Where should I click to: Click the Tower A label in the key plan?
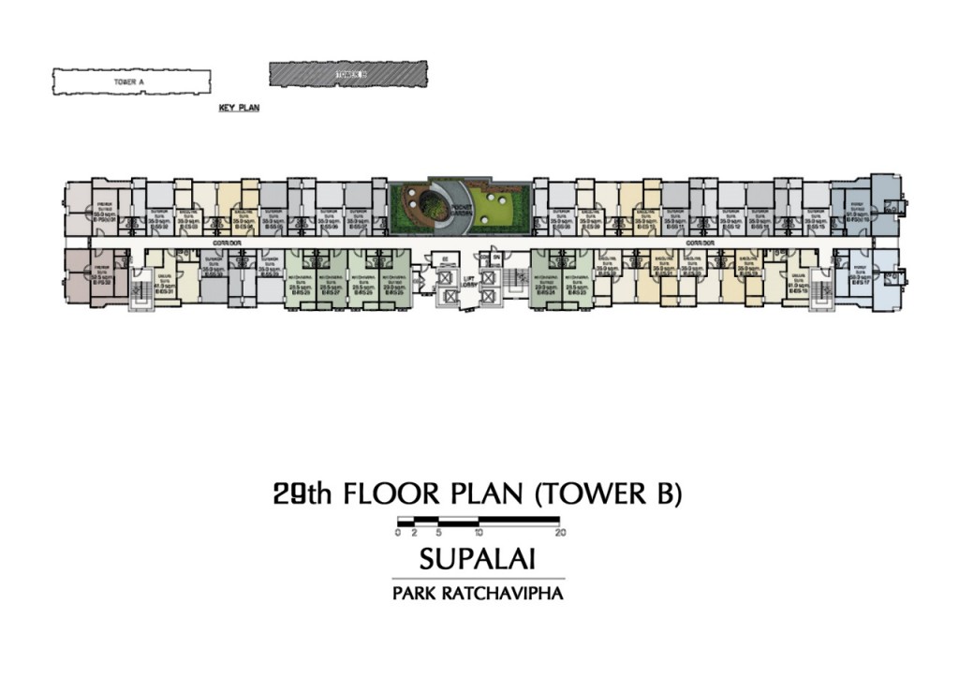[x=128, y=82]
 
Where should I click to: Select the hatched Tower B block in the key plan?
[x=347, y=74]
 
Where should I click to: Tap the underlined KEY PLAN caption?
[x=239, y=109]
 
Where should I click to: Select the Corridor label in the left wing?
[x=214, y=243]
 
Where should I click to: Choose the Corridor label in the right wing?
[x=699, y=243]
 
